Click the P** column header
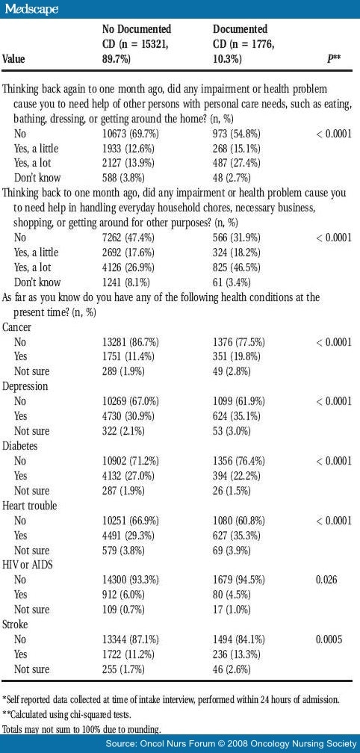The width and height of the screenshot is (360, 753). [x=335, y=58]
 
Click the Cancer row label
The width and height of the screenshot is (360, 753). [x=17, y=327]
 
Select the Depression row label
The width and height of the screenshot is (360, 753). [x=25, y=386]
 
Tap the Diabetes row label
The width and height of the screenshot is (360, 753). [x=20, y=445]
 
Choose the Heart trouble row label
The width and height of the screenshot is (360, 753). [x=29, y=505]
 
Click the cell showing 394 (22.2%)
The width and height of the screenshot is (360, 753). [x=238, y=475]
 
